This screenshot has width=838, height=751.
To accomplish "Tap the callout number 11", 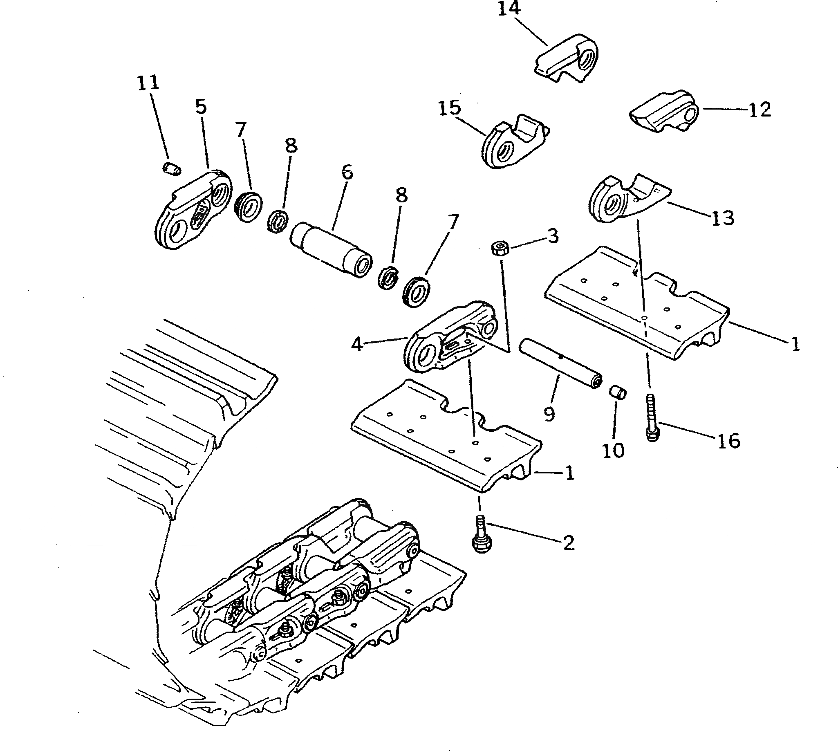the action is click(x=148, y=83).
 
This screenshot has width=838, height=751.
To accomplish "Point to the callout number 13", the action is click(x=722, y=217).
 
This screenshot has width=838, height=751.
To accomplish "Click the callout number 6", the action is click(x=347, y=172).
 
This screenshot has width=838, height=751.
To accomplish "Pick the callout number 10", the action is click(x=613, y=451).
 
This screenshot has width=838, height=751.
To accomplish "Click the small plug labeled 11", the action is click(x=171, y=168).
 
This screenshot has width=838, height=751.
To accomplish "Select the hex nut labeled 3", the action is click(x=499, y=249).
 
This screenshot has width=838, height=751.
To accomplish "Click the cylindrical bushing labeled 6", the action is click(x=332, y=250).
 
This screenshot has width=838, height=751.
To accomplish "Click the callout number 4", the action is click(x=357, y=344).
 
